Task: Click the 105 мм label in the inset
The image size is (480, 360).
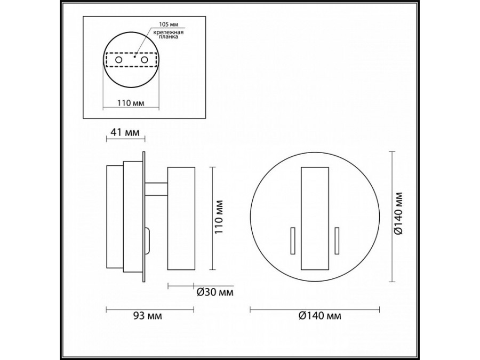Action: (169, 24)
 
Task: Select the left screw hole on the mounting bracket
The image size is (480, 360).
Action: (119, 60)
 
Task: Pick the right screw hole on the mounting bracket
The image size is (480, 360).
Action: (144, 60)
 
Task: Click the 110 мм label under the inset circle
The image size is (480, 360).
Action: (131, 102)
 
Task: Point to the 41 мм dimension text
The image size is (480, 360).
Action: (125, 132)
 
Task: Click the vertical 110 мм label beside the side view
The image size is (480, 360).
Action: (219, 217)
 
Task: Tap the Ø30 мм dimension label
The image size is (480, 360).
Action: (214, 292)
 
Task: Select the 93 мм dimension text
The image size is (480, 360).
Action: (148, 316)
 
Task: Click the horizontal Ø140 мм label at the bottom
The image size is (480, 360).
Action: (319, 316)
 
